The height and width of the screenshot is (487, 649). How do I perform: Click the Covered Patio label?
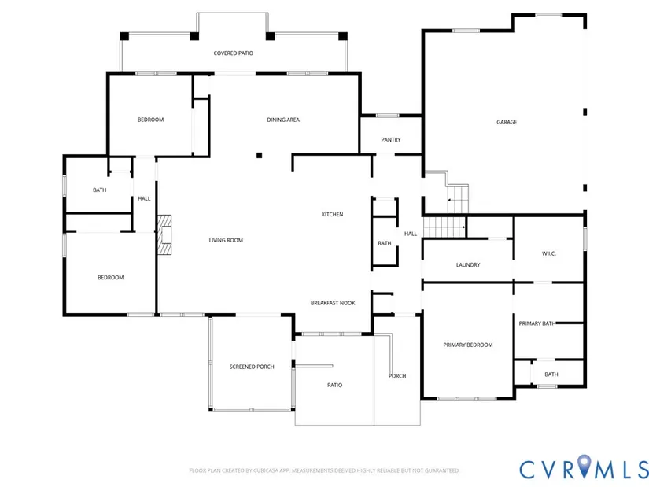click(234, 53)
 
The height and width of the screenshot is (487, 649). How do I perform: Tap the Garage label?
click(507, 122)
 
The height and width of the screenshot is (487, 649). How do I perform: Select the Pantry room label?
click(391, 140)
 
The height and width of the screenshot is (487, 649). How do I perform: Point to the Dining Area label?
click(283, 120)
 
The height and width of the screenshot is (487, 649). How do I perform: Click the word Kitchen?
click(332, 215)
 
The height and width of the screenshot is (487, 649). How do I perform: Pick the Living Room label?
click(226, 240)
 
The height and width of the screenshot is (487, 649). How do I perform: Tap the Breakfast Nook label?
click(333, 303)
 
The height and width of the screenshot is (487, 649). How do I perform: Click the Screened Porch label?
click(252, 367)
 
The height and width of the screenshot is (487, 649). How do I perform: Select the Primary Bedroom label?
click(468, 345)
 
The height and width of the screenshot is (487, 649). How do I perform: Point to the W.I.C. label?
click(549, 254)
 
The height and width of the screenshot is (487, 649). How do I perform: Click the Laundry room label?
click(468, 265)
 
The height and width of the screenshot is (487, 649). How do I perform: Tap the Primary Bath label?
click(537, 323)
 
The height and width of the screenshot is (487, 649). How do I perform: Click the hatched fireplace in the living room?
click(164, 234)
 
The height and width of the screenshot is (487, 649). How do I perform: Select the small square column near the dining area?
click(259, 155)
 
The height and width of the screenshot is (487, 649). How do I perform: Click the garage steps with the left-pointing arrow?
click(458, 200)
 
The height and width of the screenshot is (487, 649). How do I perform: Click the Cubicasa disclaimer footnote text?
click(324, 470)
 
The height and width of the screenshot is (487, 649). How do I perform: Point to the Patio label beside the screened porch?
click(335, 386)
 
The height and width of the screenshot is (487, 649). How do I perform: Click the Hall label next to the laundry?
click(411, 234)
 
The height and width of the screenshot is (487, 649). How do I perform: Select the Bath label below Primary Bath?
click(551, 374)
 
